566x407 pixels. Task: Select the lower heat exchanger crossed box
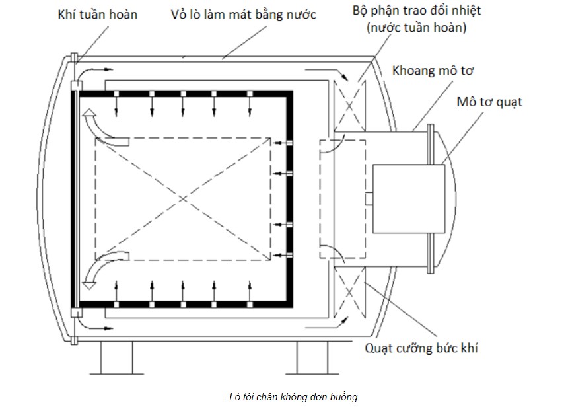(x=350, y=293)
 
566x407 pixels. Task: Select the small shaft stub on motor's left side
(x=369, y=198)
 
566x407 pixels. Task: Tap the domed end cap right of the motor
(x=448, y=198)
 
